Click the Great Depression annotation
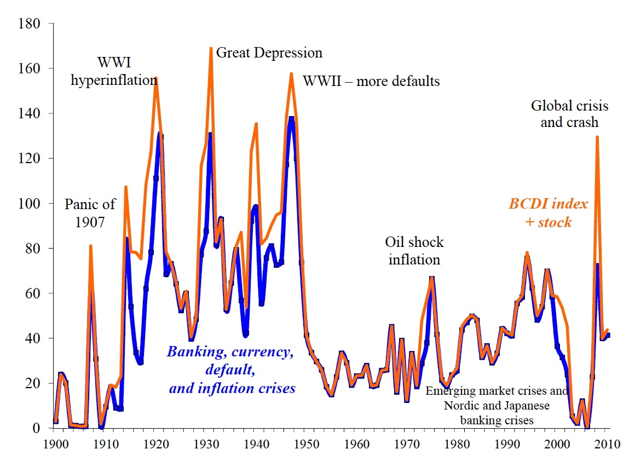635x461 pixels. click(269, 53)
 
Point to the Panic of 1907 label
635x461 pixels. click(90, 214)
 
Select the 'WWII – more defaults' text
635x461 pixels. click(371, 82)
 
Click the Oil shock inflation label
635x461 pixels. click(414, 250)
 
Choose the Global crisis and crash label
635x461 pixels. click(569, 114)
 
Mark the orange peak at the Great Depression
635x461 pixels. click(211, 48)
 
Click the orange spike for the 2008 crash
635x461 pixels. click(597, 137)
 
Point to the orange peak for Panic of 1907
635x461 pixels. click(91, 246)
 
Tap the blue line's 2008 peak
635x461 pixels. click(597, 264)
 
